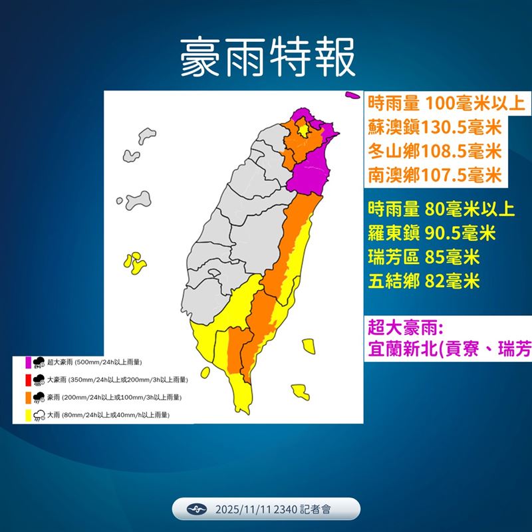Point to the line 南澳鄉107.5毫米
pyautogui.click(x=434, y=175)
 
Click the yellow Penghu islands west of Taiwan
pyautogui.click(x=136, y=264)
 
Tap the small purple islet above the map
pyautogui.click(x=351, y=96)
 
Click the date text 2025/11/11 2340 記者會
pyautogui.click(x=273, y=509)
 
